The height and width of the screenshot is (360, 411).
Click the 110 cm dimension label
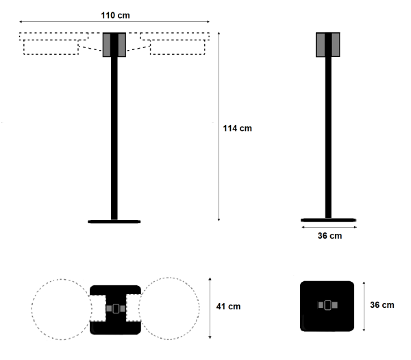[x=115, y=15]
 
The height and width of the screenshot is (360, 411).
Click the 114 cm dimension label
[x=237, y=128]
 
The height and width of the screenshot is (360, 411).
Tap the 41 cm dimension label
[x=228, y=307]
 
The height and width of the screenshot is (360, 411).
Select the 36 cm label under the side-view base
[x=329, y=236]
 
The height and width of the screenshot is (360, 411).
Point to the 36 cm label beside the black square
[x=382, y=305]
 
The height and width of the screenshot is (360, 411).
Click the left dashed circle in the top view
[x=32, y=309]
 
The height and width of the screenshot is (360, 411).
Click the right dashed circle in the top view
[x=199, y=309]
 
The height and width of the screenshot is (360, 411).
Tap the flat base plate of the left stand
[x=114, y=221]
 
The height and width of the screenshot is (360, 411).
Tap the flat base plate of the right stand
[x=328, y=220]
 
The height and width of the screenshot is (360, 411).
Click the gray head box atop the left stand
[x=114, y=45]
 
